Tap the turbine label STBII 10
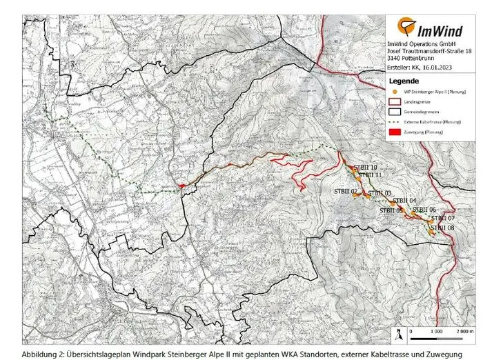pos(364,168)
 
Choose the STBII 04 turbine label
pos(383,201)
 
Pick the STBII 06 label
pos(424,209)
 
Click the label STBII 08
pos(442,228)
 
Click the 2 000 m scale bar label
pos(464,332)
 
